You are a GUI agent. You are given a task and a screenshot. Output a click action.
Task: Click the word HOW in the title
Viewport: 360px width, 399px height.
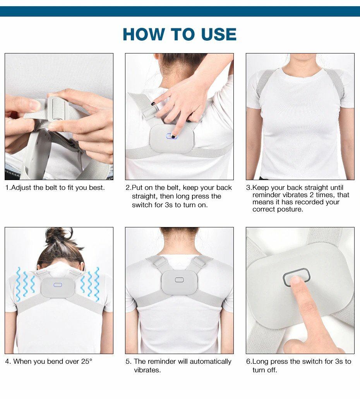pyautogui.click(x=144, y=34)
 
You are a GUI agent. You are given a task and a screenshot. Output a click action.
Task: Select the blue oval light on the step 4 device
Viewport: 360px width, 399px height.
pyautogui.click(x=58, y=285)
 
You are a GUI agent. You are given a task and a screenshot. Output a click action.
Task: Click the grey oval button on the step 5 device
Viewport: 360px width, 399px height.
pyautogui.click(x=179, y=280)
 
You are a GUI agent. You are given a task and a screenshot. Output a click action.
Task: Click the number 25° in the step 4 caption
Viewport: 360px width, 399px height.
pyautogui.click(x=87, y=361)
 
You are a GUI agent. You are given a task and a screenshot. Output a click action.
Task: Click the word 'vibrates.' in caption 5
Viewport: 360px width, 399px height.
pyautogui.click(x=147, y=370)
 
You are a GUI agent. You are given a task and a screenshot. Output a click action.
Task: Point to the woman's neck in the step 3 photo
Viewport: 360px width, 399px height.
pyautogui.click(x=300, y=62)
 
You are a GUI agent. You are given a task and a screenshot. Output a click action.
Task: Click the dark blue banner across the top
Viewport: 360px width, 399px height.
pyautogui.click(x=180, y=12)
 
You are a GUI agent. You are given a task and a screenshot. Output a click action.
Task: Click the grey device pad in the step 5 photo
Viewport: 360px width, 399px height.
pyautogui.click(x=180, y=282)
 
